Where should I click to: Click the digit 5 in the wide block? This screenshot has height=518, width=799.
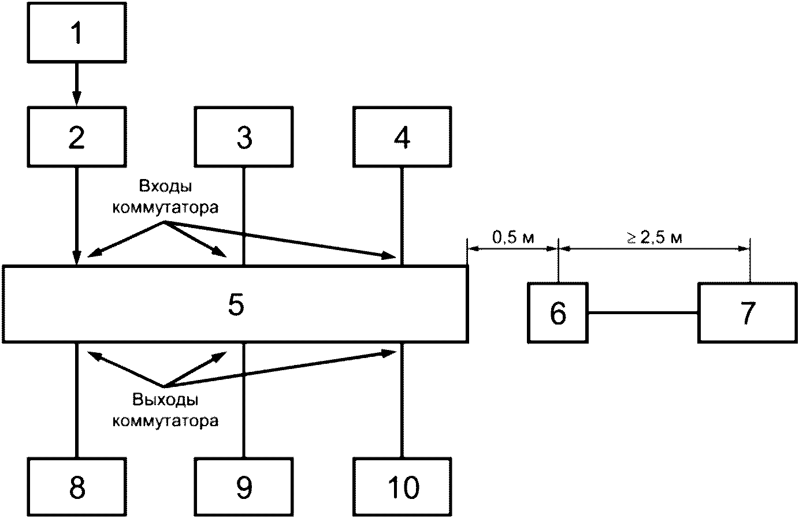[236, 304]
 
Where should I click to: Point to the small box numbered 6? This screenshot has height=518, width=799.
[558, 312]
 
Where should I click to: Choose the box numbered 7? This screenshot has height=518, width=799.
[748, 312]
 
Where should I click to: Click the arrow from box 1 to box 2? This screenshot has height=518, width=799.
[77, 84]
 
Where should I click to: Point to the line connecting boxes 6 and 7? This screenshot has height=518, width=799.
[642, 312]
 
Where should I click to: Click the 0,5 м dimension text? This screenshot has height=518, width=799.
[513, 237]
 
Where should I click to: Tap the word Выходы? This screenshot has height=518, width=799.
[165, 400]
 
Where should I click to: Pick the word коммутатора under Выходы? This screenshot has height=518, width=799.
[165, 420]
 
